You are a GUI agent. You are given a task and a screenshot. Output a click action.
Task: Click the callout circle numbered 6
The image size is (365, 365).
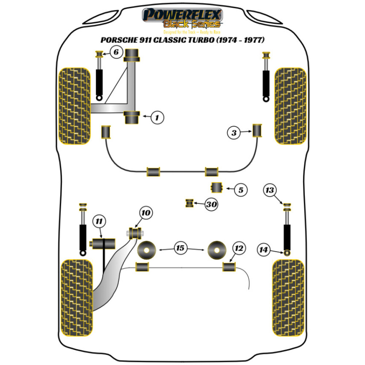coord(116,53)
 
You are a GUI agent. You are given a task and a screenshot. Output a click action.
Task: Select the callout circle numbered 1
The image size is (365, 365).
coord(157,117)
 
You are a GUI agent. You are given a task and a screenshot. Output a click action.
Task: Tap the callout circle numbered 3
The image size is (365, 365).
coord(234,133)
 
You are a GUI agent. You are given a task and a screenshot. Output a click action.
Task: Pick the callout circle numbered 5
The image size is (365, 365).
coord(241,190)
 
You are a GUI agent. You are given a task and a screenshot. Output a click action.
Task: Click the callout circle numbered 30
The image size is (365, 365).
coord(211,205)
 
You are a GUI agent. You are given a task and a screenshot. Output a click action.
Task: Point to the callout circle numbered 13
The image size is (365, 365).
coord(270,190)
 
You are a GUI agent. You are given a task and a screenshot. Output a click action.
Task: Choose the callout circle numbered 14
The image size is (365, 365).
coord(263,250)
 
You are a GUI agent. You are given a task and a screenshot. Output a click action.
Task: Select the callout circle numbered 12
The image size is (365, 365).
coord(239,249)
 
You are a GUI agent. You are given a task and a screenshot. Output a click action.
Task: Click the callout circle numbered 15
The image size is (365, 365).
coord(180,249)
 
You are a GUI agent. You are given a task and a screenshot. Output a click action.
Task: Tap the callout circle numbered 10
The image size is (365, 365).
coord(146,212)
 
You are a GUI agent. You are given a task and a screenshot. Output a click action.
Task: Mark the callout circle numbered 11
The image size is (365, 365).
coord(99,221)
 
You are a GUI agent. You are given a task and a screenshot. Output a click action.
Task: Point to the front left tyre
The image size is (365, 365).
coord(74,106)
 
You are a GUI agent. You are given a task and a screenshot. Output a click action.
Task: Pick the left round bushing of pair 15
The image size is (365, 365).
coord(147,250)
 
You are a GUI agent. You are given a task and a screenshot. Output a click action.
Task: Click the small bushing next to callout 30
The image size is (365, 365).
coord(189,203)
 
